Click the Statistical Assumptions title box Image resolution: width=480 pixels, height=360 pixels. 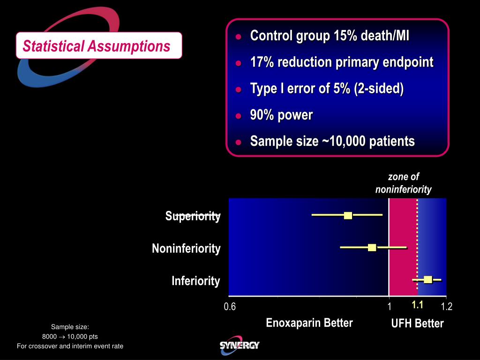pyautogui.click(x=98, y=46)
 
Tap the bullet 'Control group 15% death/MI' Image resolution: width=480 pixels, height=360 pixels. pyautogui.click(x=330, y=36)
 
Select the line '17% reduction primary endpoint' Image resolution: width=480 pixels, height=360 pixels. pyautogui.click(x=341, y=62)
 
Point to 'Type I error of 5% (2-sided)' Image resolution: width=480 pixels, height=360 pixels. pyautogui.click(x=327, y=89)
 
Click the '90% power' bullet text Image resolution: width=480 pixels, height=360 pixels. pyautogui.click(x=281, y=115)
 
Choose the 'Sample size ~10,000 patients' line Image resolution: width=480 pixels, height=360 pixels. pyautogui.click(x=332, y=141)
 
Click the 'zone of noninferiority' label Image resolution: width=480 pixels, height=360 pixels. pyautogui.click(x=403, y=183)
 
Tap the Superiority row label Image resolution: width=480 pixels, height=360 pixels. pyautogui.click(x=193, y=216)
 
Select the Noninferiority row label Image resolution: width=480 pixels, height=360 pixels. pyautogui.click(x=186, y=248)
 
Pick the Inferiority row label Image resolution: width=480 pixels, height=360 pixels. pyautogui.click(x=195, y=281)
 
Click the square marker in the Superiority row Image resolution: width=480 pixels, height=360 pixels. pyautogui.click(x=348, y=215)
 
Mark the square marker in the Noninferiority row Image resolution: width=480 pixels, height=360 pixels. pyautogui.click(x=372, y=247)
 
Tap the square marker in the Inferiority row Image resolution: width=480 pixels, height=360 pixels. pyautogui.click(x=427, y=279)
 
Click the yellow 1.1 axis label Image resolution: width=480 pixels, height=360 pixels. pyautogui.click(x=417, y=306)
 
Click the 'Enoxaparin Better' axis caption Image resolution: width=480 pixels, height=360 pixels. pyautogui.click(x=309, y=322)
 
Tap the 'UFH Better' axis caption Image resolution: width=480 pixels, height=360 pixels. pyautogui.click(x=417, y=323)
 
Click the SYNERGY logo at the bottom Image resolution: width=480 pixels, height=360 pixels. pyautogui.click(x=239, y=345)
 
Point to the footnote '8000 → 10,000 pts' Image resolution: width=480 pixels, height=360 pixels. pyautogui.click(x=70, y=337)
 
